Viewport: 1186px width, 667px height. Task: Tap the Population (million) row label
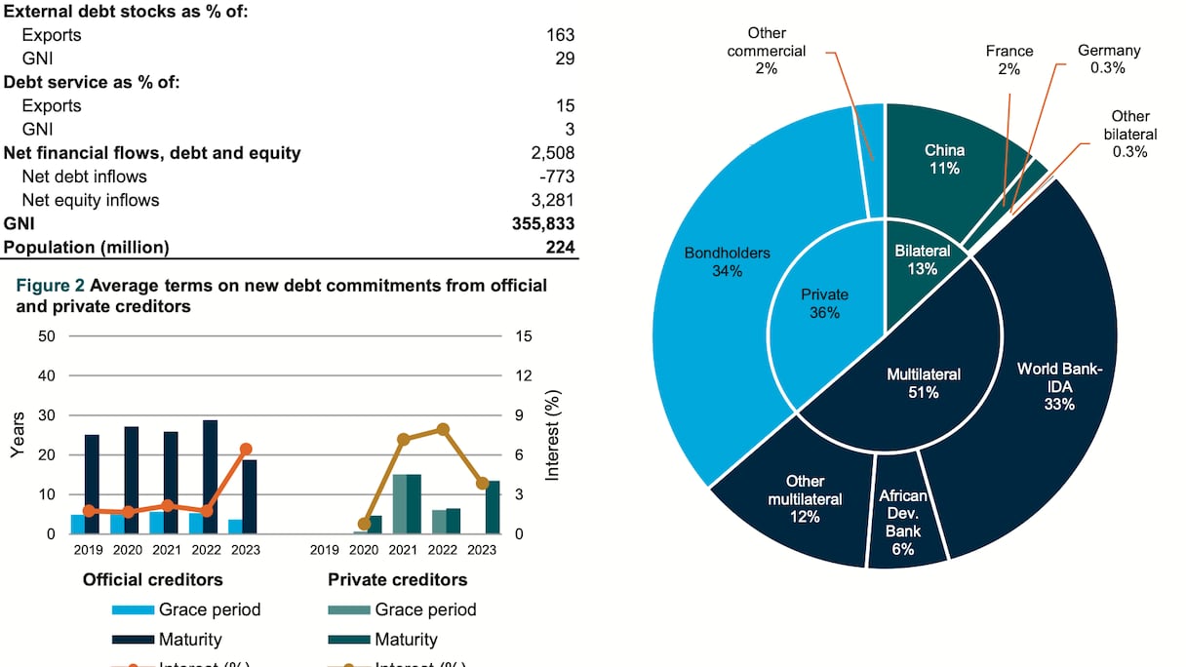(86, 247)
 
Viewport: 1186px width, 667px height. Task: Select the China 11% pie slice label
(944, 159)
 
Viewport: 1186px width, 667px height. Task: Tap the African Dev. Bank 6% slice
(902, 522)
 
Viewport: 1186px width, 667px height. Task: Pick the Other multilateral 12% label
(805, 498)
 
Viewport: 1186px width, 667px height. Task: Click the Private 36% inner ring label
(825, 303)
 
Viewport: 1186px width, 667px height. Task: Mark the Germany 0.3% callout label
(1109, 59)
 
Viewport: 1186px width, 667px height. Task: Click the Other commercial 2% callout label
(767, 51)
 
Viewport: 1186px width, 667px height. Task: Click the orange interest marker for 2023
(246, 449)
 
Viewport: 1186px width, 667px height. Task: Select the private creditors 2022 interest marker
(443, 429)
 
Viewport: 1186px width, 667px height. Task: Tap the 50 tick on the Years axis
(47, 335)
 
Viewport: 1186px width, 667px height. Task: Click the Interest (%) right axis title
(553, 435)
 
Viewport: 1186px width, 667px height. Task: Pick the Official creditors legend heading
(152, 579)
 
